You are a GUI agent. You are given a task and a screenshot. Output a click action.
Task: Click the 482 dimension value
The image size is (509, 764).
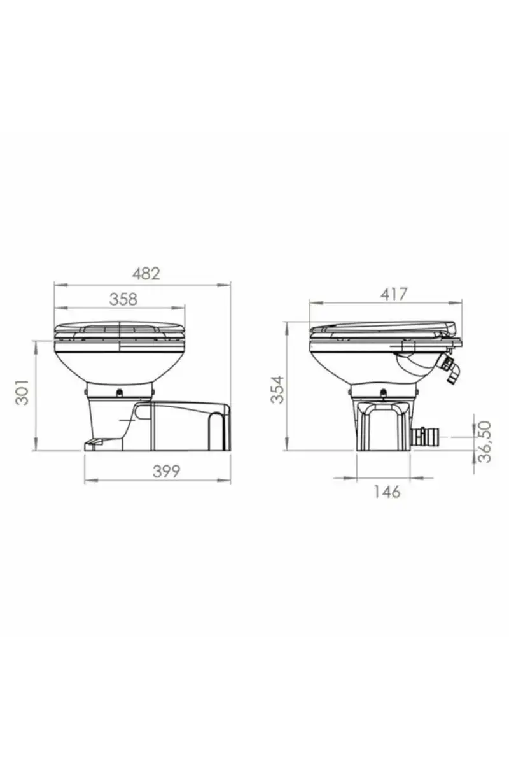[146, 274]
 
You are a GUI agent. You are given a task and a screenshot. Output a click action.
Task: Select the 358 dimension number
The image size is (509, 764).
[123, 299]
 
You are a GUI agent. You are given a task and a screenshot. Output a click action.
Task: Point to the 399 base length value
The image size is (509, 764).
[166, 472]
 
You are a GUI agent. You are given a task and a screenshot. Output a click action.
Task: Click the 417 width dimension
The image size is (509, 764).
[394, 294]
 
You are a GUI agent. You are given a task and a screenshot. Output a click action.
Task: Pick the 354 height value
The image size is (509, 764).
[277, 390]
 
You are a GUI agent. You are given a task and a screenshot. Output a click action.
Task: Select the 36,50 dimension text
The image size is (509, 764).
[485, 442]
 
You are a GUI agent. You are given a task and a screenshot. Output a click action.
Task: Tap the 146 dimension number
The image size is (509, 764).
[387, 492]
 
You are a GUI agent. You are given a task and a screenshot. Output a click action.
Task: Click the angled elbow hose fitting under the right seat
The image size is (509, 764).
[448, 369]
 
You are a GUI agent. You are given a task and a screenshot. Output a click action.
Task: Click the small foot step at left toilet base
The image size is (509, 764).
[94, 442]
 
